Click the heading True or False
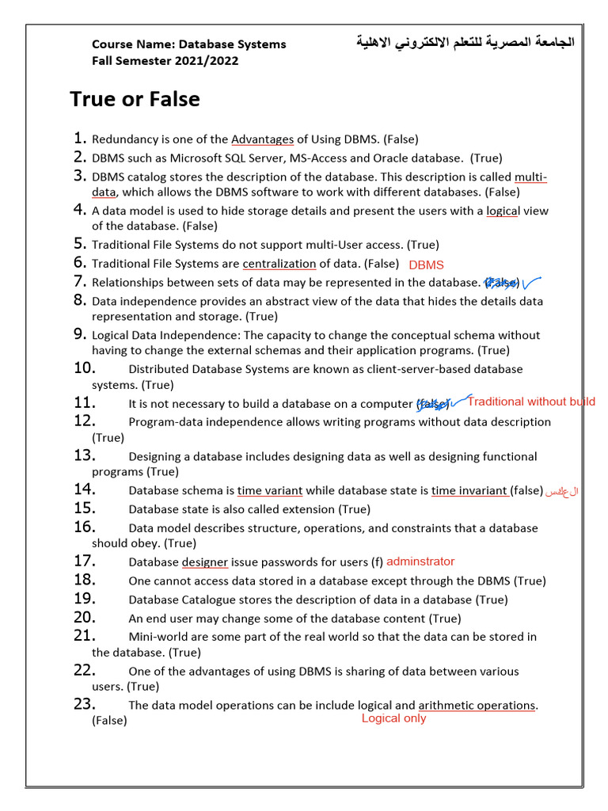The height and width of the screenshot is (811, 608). click(135, 99)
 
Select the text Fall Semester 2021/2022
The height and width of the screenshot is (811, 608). click(165, 61)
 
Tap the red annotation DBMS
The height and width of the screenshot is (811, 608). click(426, 265)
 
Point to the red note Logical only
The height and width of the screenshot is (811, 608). click(393, 718)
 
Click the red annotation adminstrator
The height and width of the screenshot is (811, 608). click(420, 562)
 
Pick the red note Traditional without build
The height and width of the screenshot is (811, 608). click(530, 402)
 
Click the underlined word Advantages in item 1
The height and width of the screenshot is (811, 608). click(262, 139)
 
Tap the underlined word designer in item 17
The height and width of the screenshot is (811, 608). click(205, 562)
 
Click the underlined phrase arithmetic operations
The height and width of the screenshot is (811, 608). click(477, 705)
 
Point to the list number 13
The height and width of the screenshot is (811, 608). click(85, 455)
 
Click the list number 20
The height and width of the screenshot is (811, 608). click(85, 618)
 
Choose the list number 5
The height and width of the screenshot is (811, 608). click(80, 244)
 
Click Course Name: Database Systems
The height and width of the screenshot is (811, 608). click(189, 44)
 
